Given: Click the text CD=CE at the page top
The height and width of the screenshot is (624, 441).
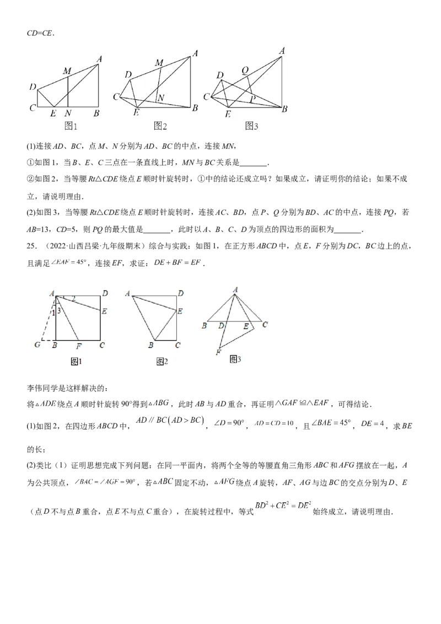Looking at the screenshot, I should click(40, 32).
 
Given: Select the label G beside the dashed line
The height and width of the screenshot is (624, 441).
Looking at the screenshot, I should click(37, 345).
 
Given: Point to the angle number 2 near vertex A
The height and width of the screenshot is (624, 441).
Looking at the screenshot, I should click(74, 299).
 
